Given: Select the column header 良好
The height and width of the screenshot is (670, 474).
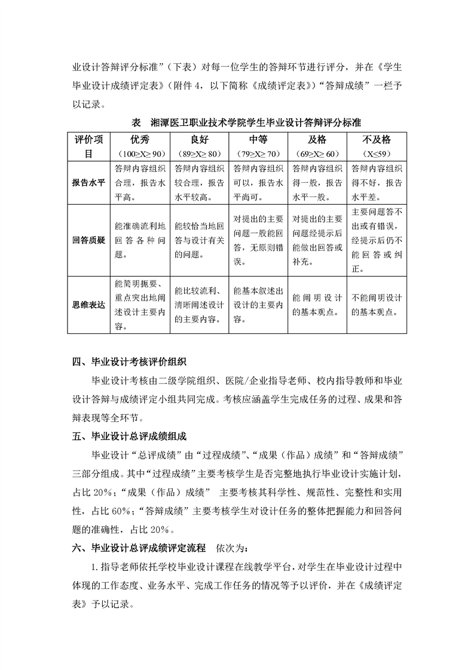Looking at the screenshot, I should (x=200, y=140).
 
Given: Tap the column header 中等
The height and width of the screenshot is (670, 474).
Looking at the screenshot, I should (x=258, y=140).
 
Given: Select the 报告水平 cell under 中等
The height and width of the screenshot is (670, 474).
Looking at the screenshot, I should (x=258, y=183).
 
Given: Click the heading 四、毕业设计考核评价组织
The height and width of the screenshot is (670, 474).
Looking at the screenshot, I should (x=129, y=362).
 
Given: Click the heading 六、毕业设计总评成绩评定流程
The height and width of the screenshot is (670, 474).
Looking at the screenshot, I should (x=139, y=547).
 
